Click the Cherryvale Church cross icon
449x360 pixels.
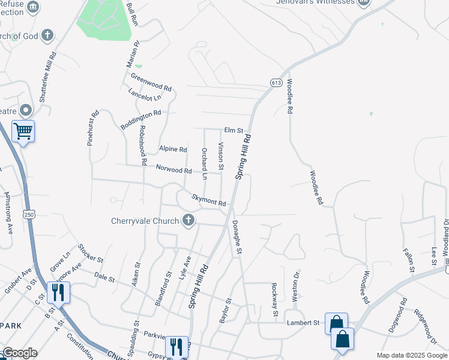pos(188,221)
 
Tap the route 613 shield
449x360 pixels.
pos(276,83)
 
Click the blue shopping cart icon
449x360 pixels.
pos(23,130)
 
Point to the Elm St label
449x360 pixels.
pos(234,130)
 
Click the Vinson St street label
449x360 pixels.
pos(221,155)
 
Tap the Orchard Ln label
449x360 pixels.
pos(205,164)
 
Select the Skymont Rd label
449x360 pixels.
pos(208,200)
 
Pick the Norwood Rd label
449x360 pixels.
pos(173,170)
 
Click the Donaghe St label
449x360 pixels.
pos(237,239)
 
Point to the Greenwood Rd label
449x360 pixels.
pos(151,82)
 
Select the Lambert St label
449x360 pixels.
pos(303,323)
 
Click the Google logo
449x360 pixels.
pos(20,353)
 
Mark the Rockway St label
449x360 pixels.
pos(274,299)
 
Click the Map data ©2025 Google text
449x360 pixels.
pos(411,355)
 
